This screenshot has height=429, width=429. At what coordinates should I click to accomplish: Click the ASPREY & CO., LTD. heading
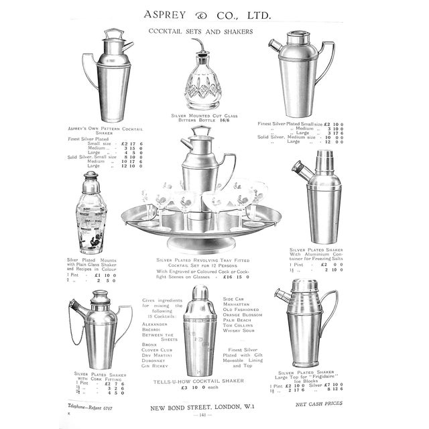[214, 13]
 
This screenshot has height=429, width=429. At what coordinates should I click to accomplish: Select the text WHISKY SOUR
[239, 330]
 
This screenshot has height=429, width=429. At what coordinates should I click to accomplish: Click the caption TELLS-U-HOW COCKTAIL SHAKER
[198, 381]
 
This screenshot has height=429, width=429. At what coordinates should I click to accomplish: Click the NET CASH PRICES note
[319, 404]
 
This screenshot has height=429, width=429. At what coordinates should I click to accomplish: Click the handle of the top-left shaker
[89, 72]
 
